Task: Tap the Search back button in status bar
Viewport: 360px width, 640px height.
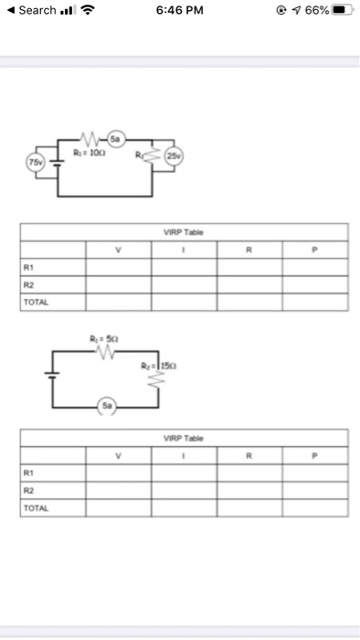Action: (x=31, y=11)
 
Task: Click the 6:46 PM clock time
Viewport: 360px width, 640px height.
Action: (x=179, y=11)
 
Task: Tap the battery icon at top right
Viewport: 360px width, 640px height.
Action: (x=338, y=11)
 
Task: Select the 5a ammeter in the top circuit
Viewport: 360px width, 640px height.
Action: (x=116, y=138)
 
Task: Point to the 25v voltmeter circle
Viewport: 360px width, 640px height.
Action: (x=174, y=157)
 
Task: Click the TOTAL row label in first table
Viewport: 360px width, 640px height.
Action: (x=37, y=300)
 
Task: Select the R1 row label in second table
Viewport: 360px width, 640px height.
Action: (x=29, y=474)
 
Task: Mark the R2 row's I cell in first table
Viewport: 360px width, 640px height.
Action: (x=185, y=283)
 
